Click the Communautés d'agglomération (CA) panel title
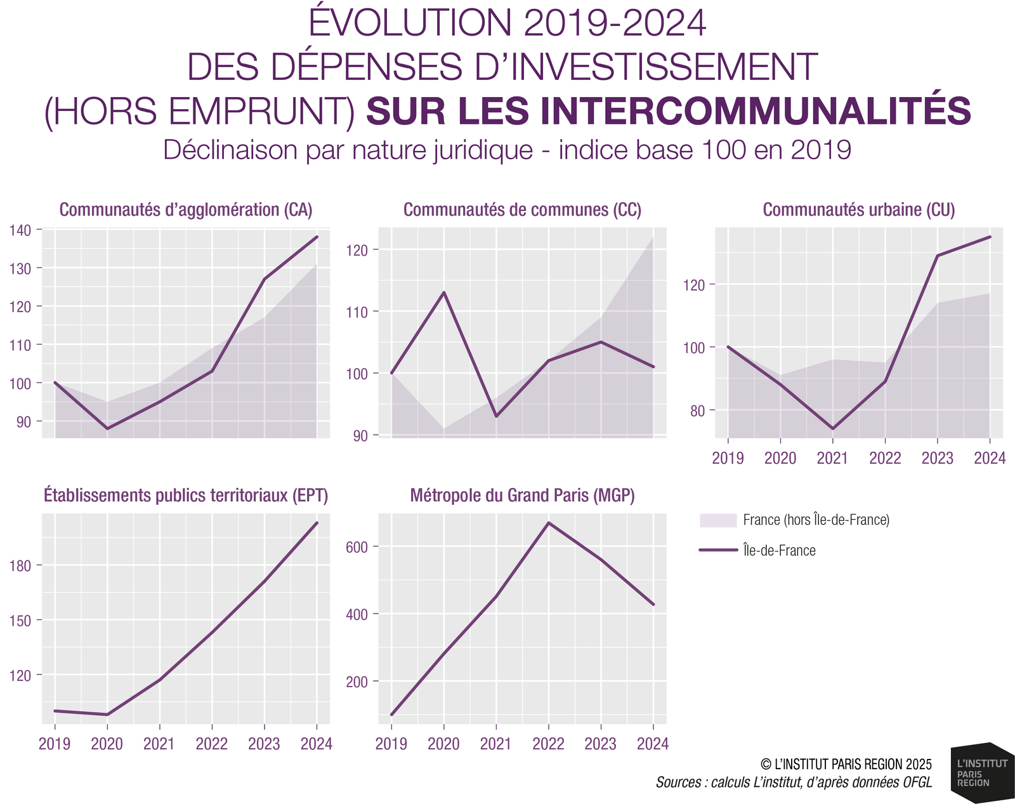pos(186,210)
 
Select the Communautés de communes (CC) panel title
pos(522,210)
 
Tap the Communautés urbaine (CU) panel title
pos(859,210)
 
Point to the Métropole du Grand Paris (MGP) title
pos(522,495)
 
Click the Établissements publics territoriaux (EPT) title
pos(186,495)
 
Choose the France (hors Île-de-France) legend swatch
pos(717,520)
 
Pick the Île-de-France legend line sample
pos(717,550)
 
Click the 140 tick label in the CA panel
pos(22,230)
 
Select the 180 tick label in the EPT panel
pos(22,565)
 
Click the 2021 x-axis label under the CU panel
pos(832,458)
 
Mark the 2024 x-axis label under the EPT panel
pos(317,744)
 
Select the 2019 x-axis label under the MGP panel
pos(391,744)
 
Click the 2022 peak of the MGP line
pos(548,523)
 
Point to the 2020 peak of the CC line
pos(444,293)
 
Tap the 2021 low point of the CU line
pos(832,429)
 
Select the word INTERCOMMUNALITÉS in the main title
pos(669,110)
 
